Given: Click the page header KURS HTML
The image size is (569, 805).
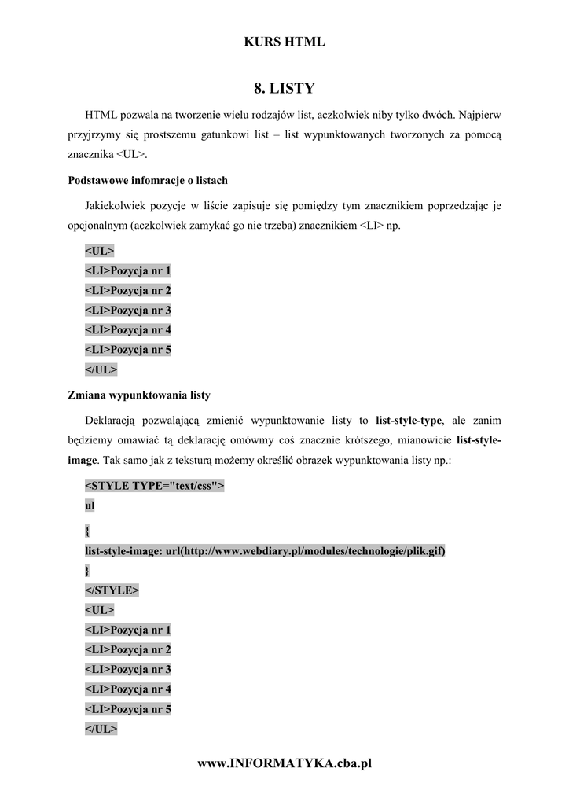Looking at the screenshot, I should click(284, 42).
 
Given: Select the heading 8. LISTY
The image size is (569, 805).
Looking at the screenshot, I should click(284, 87).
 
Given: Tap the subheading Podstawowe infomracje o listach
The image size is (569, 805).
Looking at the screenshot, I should click(148, 181).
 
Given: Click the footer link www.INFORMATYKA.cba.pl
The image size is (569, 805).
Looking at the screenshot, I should click(284, 763).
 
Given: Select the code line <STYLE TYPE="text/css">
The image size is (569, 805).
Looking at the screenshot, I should click(154, 486).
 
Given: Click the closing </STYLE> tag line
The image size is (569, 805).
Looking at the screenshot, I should click(112, 590).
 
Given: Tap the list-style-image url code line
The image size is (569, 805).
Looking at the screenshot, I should click(265, 550).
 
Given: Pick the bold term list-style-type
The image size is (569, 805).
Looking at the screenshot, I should click(409, 421).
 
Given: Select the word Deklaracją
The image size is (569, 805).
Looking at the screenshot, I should click(112, 421).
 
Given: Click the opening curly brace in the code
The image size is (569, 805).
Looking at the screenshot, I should click(86, 531).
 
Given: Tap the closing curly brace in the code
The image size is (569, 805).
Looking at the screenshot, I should click(86, 570).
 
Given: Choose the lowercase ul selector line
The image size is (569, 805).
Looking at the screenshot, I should click(89, 505).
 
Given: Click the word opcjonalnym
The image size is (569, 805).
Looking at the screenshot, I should click(97, 226).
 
